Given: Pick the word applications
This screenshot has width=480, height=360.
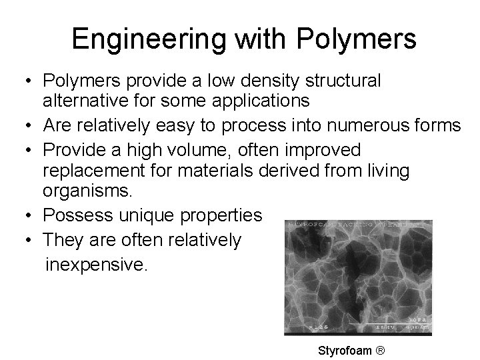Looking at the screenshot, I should pos(261,101).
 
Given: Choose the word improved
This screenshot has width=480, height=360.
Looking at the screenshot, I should pos(326,149).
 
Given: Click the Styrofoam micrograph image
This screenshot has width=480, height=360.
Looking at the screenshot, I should pos(358,277).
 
